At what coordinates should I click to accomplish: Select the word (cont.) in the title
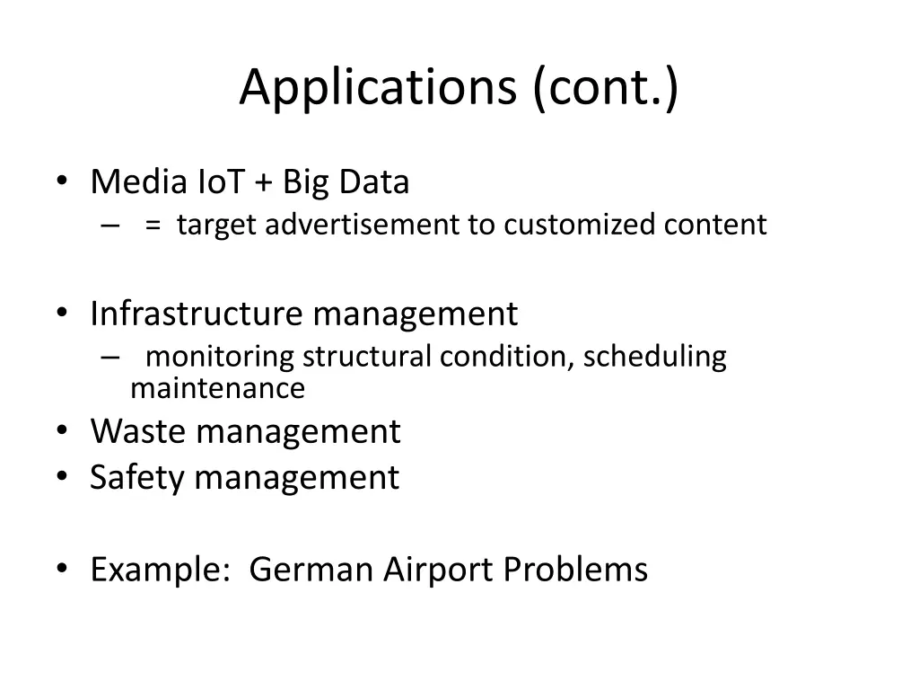pyautogui.click(x=606, y=88)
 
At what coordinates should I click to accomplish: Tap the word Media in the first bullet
pyautogui.click(x=138, y=182)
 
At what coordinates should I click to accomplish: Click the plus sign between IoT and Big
pyautogui.click(x=265, y=183)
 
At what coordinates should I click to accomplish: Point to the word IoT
pyautogui.click(x=219, y=182)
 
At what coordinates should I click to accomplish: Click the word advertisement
pyautogui.click(x=361, y=225)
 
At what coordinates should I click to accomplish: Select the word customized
pyautogui.click(x=580, y=225)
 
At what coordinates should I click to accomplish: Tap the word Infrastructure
pyautogui.click(x=197, y=314)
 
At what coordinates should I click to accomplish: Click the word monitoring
pyautogui.click(x=220, y=357)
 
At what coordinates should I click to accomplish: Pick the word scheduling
pyautogui.click(x=654, y=357)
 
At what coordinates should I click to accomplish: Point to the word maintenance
pyautogui.click(x=217, y=389)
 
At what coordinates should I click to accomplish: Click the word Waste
pyautogui.click(x=138, y=431)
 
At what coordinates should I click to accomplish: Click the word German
pyautogui.click(x=311, y=570)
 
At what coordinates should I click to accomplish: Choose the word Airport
pyautogui.click(x=439, y=570)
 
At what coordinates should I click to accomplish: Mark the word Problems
pyautogui.click(x=575, y=570)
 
